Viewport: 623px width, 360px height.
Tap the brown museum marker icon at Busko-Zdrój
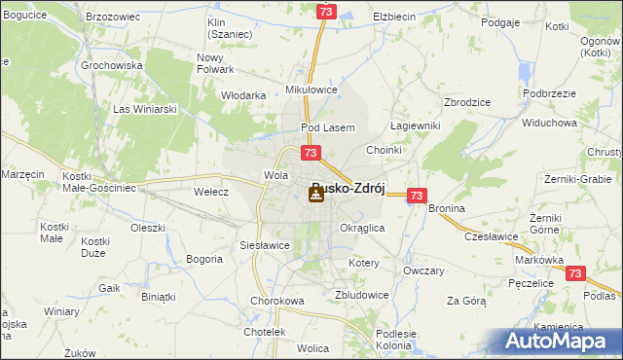316,195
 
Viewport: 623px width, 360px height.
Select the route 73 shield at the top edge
327,11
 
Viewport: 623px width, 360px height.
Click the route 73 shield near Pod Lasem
311,153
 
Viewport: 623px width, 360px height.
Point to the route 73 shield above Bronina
417,196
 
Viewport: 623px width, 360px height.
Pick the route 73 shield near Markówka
575,274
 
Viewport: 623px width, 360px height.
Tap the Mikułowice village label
310,89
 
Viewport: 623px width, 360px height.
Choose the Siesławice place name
265,245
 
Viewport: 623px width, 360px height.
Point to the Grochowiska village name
113,65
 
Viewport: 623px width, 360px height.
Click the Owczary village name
423,270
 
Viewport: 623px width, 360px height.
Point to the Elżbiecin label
394,18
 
